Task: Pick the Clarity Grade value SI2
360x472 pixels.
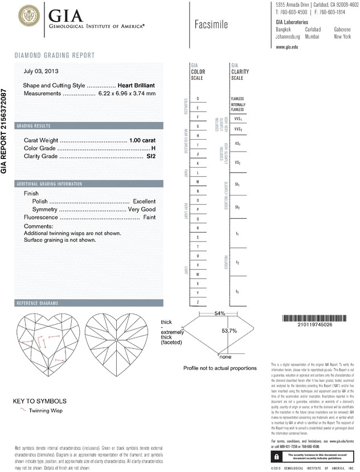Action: tap(150, 156)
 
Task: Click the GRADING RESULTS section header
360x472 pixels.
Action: tap(34, 125)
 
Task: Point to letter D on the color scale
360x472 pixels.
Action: tap(197, 99)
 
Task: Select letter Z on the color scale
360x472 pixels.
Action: tap(197, 302)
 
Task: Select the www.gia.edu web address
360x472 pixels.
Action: tap(287, 48)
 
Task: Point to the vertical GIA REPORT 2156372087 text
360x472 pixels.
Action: tap(5, 131)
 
